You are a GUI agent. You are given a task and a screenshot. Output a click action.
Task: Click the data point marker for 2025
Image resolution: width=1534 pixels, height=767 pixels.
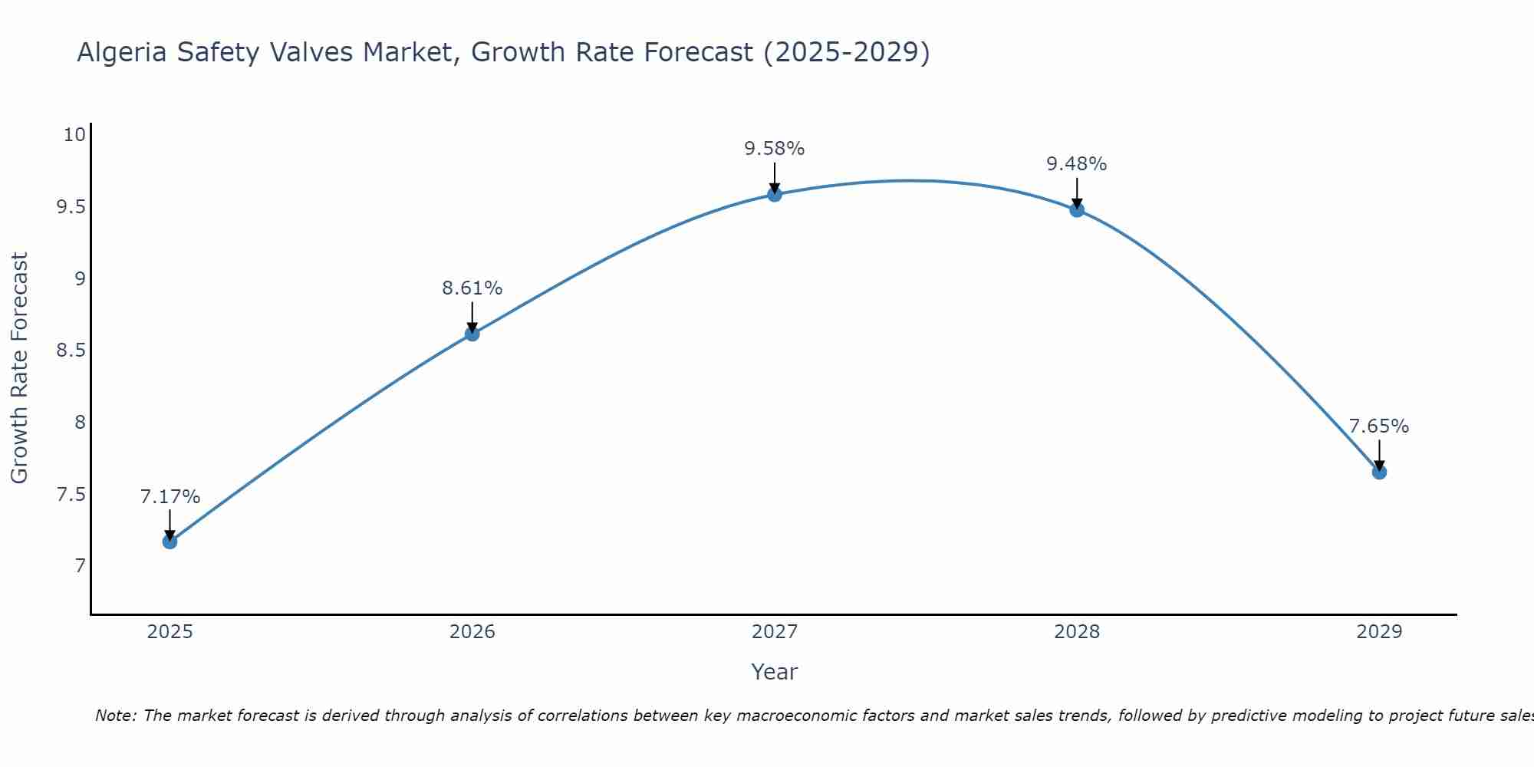coord(170,542)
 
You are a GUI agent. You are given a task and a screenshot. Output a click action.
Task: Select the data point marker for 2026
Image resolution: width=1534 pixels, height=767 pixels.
coord(472,334)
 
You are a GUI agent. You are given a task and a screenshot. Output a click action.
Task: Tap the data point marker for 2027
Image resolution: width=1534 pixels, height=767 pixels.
coord(775,194)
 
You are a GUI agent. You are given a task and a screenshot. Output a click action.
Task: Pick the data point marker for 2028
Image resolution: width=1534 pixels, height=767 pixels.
coord(1077,209)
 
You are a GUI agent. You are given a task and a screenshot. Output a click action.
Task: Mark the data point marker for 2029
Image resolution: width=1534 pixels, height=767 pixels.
coord(1379,472)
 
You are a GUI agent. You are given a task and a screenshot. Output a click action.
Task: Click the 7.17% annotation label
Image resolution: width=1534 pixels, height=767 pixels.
coord(170,497)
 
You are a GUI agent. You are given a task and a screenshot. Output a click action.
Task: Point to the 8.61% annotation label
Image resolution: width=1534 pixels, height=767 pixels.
coord(472,288)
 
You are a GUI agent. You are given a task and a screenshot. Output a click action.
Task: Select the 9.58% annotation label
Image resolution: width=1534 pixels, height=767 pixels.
coord(775,149)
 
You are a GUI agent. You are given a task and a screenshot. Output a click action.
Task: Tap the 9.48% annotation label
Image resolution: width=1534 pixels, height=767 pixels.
coord(1077,164)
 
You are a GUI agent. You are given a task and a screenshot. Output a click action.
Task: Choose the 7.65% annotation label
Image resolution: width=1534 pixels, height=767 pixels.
coord(1379,426)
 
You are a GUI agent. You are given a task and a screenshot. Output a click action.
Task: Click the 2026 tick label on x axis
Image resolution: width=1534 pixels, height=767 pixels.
coord(472,632)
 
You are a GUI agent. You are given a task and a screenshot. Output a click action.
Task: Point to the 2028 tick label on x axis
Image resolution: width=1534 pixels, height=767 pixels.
coord(1077,632)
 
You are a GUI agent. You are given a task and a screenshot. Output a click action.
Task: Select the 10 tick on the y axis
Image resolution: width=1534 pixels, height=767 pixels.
coord(74,135)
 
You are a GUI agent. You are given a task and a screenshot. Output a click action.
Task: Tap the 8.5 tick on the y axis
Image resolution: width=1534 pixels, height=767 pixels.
coord(71,351)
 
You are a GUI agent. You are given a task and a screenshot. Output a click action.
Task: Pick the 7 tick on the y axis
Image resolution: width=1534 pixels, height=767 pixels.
coord(80,566)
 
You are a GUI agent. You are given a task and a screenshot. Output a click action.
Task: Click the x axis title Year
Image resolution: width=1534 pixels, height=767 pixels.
coord(775,672)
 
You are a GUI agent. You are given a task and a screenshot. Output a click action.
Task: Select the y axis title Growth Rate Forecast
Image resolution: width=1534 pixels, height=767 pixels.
coord(19,367)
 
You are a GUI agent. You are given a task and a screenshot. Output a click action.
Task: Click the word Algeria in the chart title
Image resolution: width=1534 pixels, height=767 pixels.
coord(123,52)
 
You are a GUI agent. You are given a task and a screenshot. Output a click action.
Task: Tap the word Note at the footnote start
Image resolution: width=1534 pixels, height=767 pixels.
coord(115,716)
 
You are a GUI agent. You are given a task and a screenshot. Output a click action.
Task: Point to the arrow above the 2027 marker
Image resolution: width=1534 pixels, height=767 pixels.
coord(775,178)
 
